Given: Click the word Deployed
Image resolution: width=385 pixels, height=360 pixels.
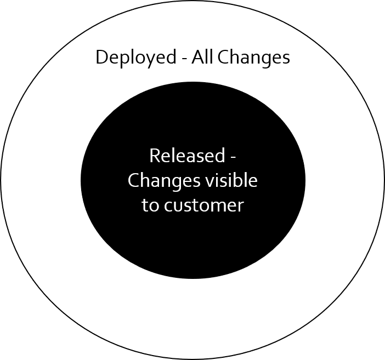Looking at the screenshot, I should pyautogui.click(x=134, y=58).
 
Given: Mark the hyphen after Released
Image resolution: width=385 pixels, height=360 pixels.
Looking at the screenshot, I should pyautogui.click(x=233, y=157).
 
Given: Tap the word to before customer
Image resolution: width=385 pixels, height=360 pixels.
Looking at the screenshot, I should pyautogui.click(x=149, y=205).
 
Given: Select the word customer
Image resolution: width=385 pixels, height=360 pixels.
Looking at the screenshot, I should pyautogui.click(x=202, y=205).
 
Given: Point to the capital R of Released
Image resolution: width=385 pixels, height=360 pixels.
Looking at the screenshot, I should pyautogui.click(x=154, y=156).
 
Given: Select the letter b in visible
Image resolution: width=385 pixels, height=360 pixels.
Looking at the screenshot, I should pyautogui.click(x=235, y=180).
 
